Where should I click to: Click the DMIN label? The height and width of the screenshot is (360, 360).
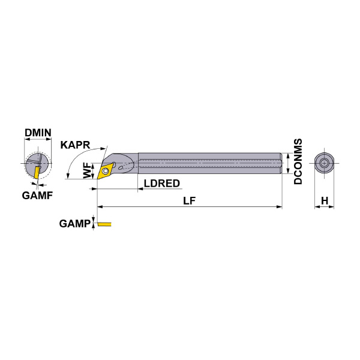pyautogui.click(x=37, y=133)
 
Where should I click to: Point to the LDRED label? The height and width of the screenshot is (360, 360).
pyautogui.click(x=162, y=184)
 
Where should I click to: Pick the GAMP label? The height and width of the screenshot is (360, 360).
pyautogui.click(x=74, y=224)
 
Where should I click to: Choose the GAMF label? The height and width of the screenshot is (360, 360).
pyautogui.click(x=37, y=196)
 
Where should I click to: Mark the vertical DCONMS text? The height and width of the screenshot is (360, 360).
pyautogui.click(x=298, y=161)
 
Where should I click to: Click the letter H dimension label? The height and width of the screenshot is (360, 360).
pyautogui.click(x=325, y=200)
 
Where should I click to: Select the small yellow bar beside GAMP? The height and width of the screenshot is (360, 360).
pyautogui.click(x=105, y=224)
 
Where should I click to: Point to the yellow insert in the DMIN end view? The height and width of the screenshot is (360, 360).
pyautogui.click(x=37, y=172)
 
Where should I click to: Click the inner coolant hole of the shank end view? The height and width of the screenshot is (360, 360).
pyautogui.click(x=325, y=163)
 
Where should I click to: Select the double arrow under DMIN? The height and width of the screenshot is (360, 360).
pyautogui.click(x=37, y=141)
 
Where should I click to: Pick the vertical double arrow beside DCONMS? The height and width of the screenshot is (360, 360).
pyautogui.click(x=289, y=163)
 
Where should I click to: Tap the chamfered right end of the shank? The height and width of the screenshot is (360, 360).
pyautogui.click(x=281, y=163)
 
